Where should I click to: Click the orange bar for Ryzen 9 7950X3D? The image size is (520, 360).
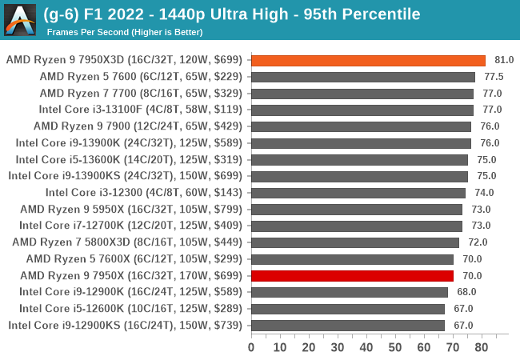[x=368, y=60]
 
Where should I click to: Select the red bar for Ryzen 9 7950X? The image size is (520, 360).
[x=352, y=275]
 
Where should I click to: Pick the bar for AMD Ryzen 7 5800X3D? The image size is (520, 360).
[x=355, y=242]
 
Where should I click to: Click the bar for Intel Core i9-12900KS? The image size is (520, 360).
[x=348, y=325]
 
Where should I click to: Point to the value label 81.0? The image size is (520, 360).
[x=504, y=60]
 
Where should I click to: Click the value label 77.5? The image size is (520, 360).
[x=494, y=77]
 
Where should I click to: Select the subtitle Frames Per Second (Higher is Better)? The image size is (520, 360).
[x=125, y=32]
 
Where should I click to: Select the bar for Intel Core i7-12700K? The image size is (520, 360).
[x=357, y=226]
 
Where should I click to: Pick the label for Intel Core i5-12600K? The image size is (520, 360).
[x=128, y=308]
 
